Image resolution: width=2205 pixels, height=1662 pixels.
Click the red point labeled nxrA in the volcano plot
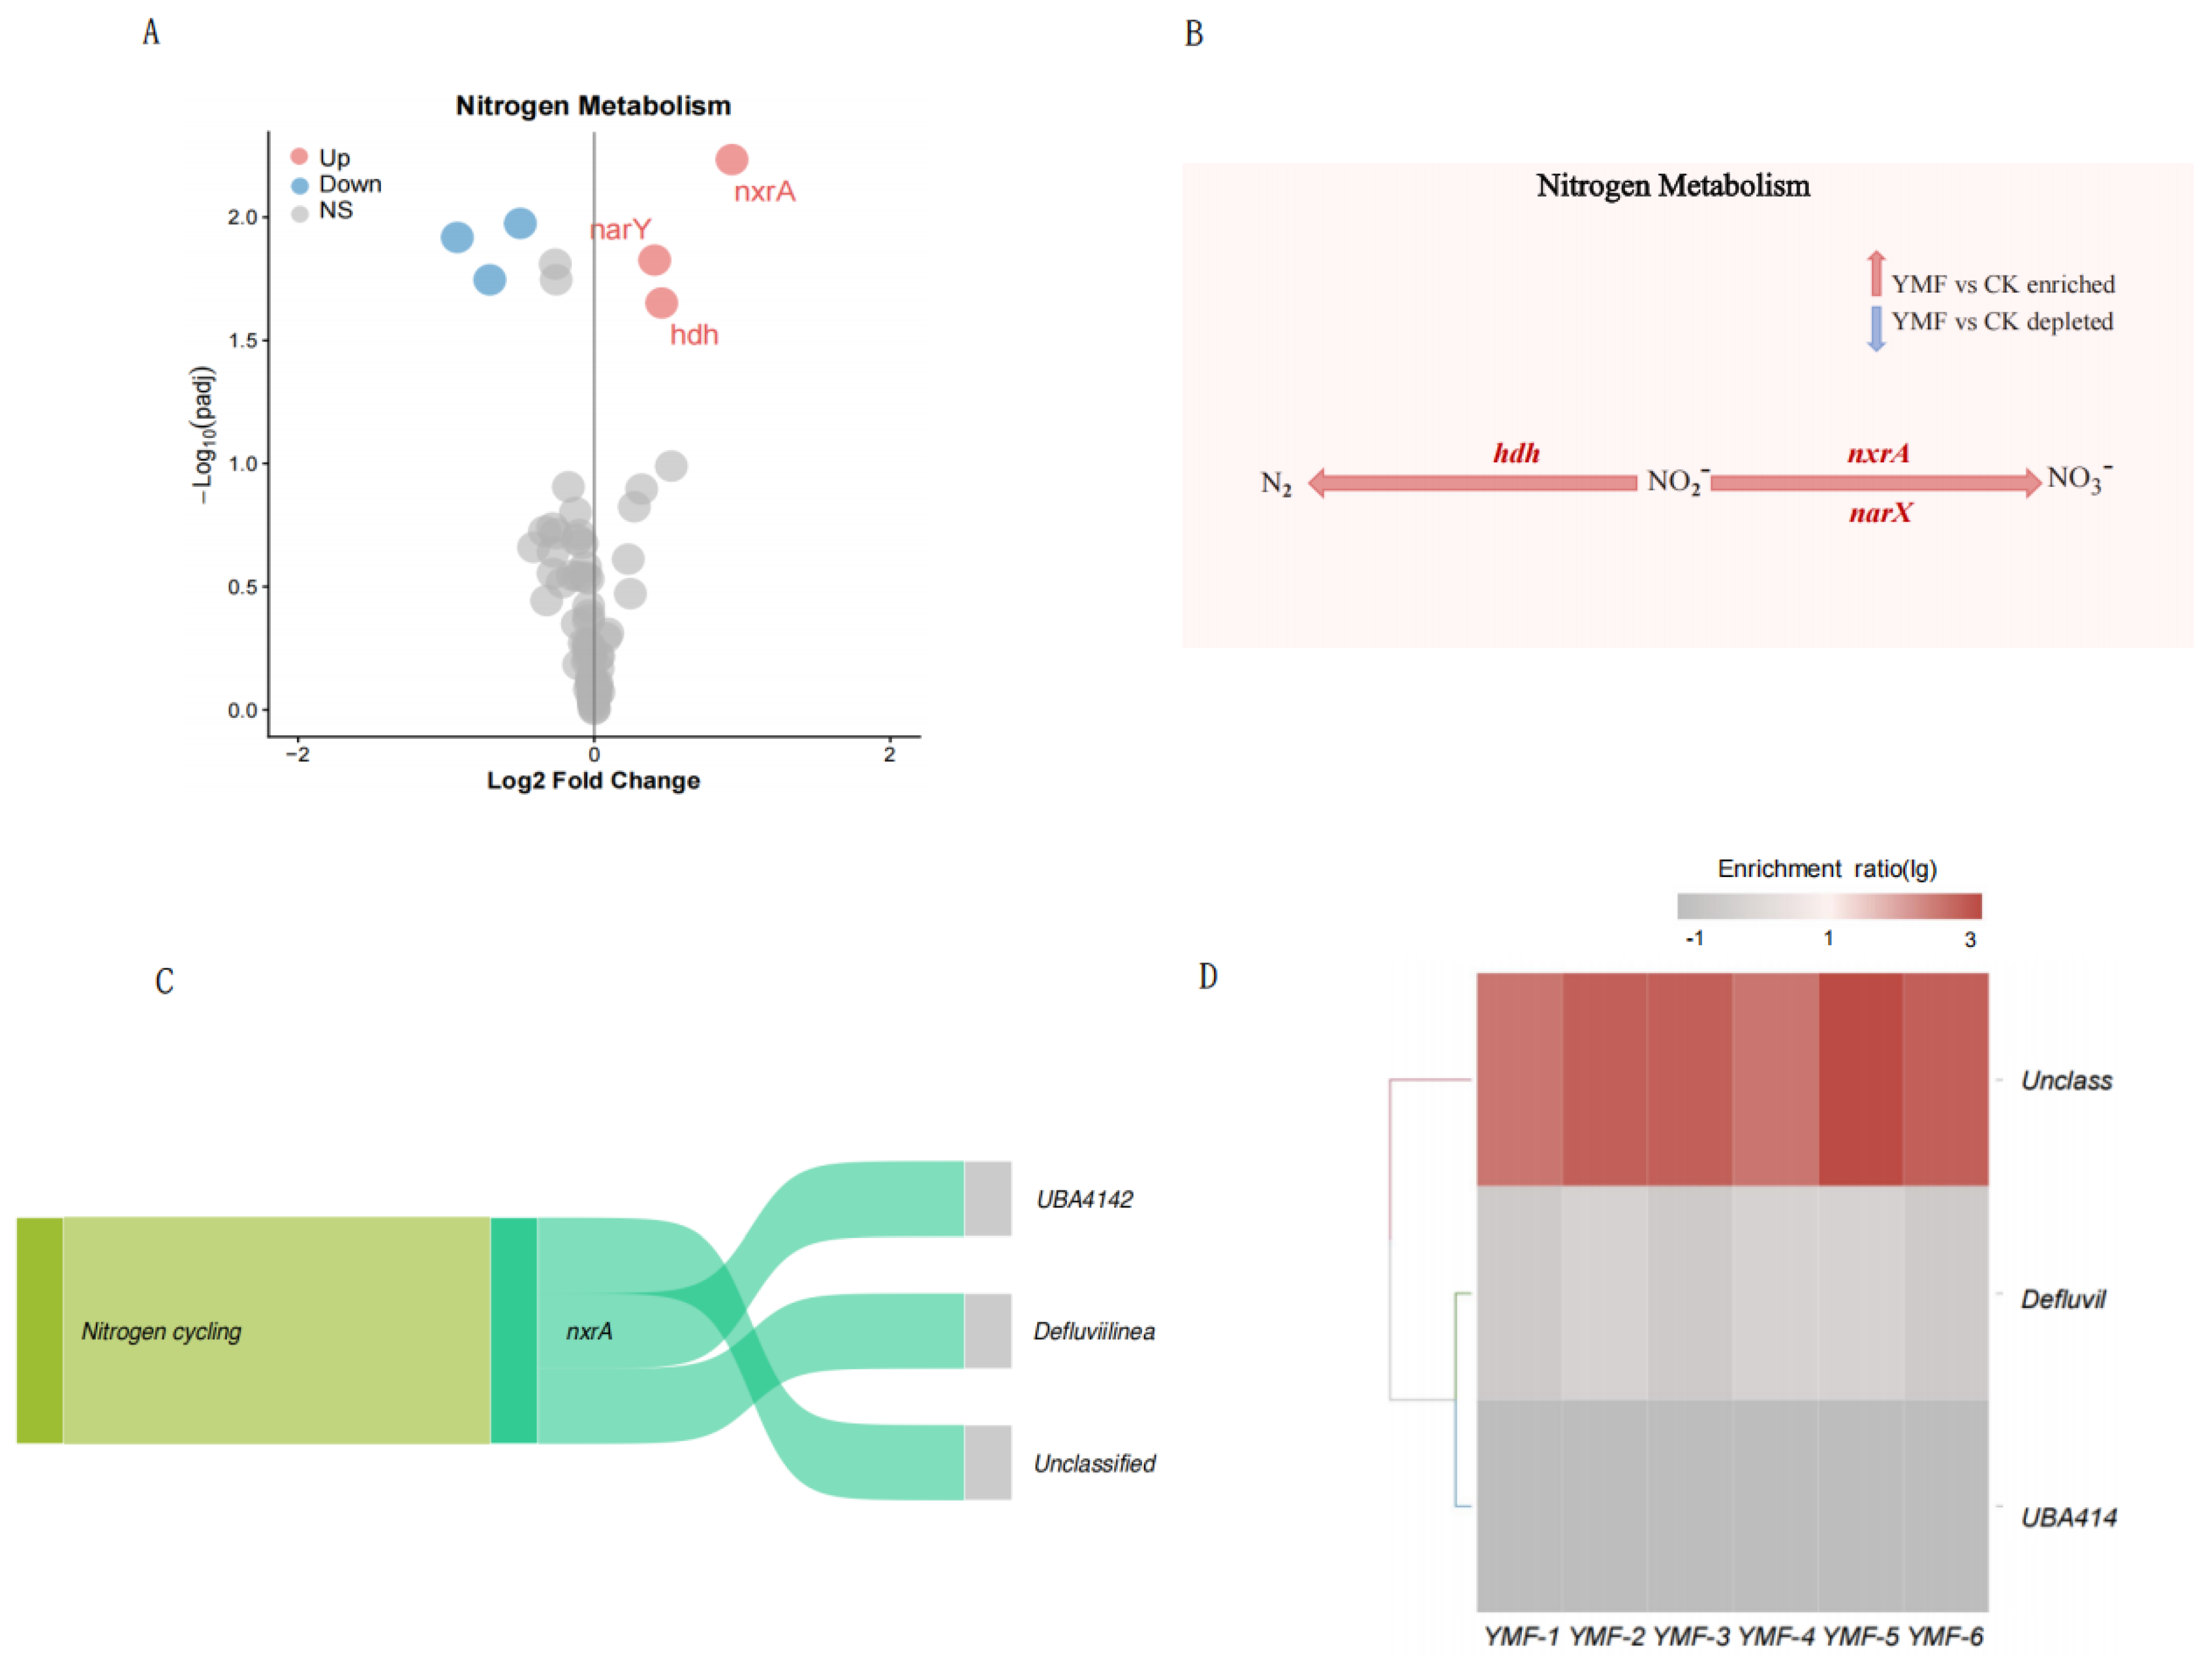732,160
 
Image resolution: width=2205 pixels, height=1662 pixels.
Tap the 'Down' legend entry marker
299,185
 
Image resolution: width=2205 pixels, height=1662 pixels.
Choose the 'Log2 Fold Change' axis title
593,781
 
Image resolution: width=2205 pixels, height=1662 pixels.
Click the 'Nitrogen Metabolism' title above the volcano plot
593,105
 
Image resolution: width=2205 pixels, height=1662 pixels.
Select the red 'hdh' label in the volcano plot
694,335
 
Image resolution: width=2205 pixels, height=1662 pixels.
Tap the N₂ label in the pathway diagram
1276,485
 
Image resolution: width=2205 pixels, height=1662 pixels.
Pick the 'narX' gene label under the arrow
1880,514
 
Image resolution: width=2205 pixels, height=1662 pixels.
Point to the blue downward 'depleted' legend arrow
1875,328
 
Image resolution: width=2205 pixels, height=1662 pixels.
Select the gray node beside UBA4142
988,1198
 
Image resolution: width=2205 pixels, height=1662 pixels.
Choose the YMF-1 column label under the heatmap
1520,1636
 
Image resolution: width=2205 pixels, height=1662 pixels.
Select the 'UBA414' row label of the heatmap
2068,1517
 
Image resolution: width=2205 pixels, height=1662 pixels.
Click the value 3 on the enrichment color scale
1970,939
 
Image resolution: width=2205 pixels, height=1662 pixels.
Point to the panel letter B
1193,34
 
